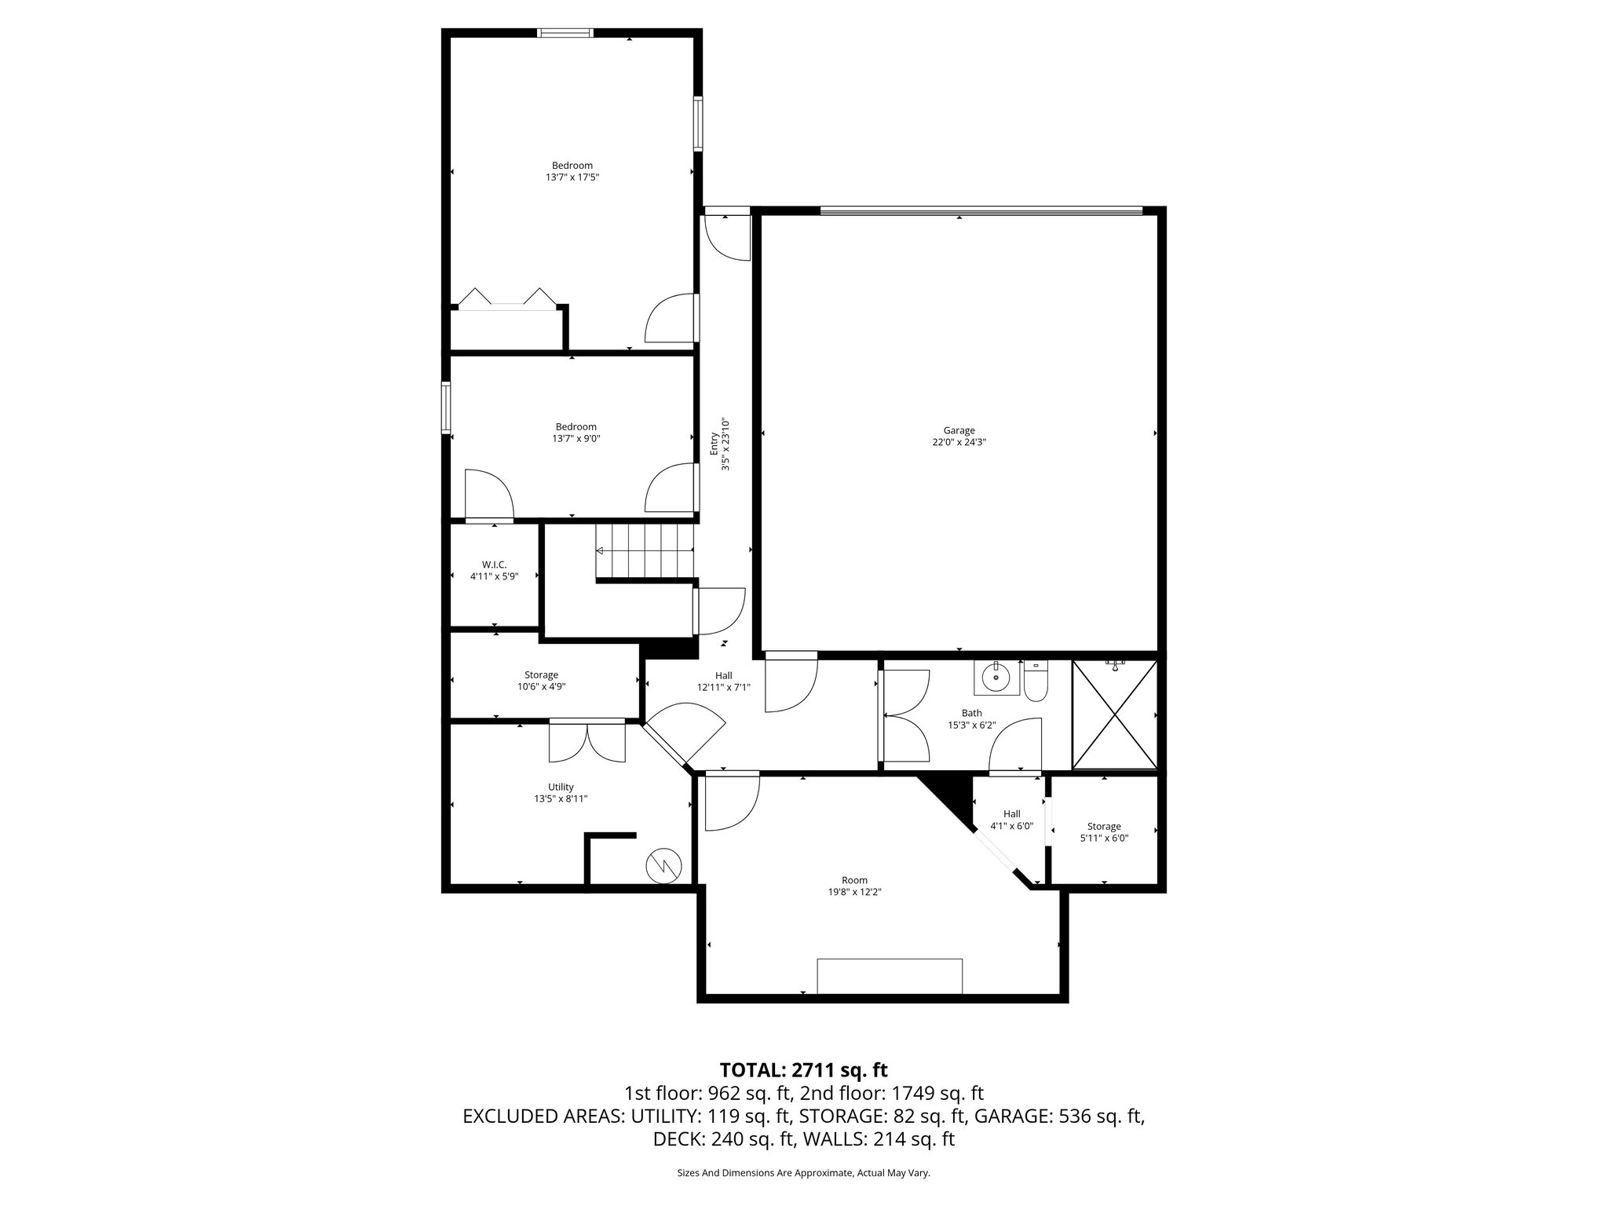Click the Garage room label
(959, 430)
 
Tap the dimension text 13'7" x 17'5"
(572, 177)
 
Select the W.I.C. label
(494, 565)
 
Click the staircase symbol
(645, 550)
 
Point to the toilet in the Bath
(1036, 681)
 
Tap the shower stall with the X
(1114, 714)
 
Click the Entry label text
(714, 444)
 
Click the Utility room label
(561, 787)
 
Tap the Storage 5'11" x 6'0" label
(1104, 831)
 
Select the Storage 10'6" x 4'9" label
(541, 680)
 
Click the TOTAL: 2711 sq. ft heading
(803, 1069)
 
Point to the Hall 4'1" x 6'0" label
(1011, 820)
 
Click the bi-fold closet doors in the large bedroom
(506, 300)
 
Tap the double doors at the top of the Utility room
(587, 740)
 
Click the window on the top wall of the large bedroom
(565, 33)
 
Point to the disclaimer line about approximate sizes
(803, 1172)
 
